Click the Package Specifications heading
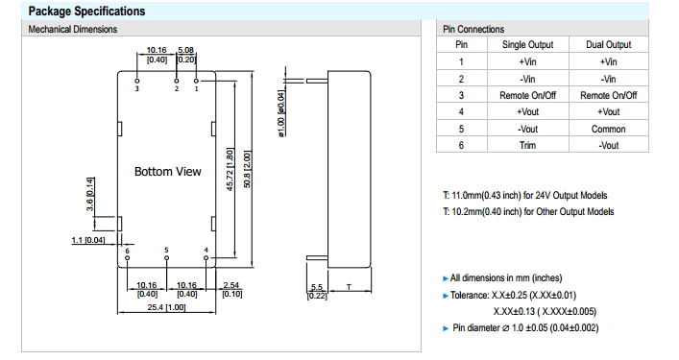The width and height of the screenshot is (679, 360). click(86, 11)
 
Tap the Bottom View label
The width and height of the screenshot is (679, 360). click(167, 171)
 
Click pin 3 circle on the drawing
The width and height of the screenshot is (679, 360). click(137, 81)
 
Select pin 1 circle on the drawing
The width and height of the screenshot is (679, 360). click(196, 81)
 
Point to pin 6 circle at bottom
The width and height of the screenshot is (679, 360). click(128, 258)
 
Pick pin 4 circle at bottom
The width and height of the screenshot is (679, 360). click(206, 258)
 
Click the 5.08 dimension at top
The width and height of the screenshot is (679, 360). click(185, 50)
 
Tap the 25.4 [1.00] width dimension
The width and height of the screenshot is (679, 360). click(166, 307)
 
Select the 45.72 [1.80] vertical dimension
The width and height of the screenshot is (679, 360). click(230, 169)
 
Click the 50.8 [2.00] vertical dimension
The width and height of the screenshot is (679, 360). click(247, 169)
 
